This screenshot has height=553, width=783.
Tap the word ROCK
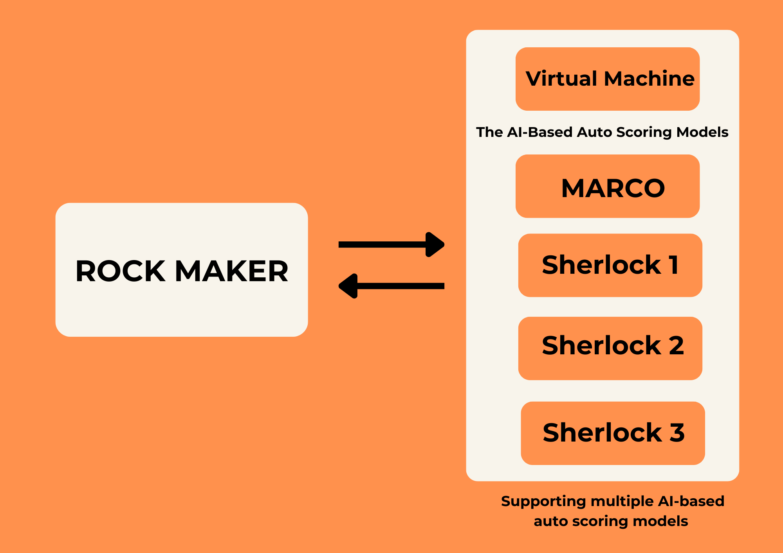120,271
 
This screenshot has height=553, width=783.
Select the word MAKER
231,271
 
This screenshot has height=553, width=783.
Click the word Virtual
561,79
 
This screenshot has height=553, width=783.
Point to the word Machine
649,79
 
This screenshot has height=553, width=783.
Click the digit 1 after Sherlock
674,265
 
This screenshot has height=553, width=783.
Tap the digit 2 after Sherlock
676,345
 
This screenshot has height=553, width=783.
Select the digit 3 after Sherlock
677,433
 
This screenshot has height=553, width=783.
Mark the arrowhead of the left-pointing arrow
348,286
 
